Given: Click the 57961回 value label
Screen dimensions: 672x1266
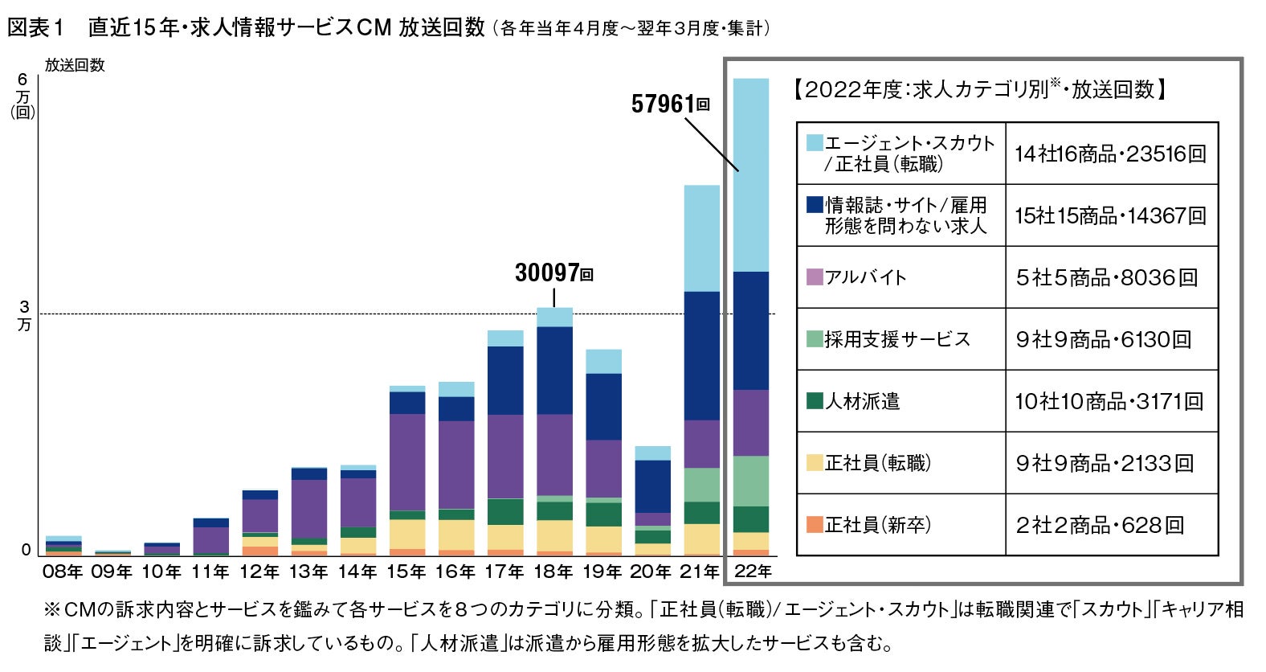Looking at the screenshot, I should click(x=670, y=104).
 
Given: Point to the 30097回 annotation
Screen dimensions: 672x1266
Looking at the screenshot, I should click(x=553, y=273).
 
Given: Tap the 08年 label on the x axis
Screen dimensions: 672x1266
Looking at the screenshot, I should click(x=63, y=572).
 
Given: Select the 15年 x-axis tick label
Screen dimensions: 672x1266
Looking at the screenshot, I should click(x=406, y=572).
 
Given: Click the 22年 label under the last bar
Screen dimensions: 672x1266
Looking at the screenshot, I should click(x=753, y=572).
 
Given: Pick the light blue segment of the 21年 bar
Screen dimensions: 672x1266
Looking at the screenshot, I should click(x=701, y=238).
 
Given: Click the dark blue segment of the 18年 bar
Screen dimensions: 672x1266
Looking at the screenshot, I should click(x=554, y=370).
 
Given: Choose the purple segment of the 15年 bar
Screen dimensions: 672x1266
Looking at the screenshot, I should click(x=406, y=462).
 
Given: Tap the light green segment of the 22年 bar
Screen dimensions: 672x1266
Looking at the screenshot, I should click(x=751, y=481).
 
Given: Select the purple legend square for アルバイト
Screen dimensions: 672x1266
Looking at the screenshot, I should click(x=815, y=277).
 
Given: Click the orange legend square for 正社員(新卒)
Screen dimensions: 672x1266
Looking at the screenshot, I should click(x=815, y=525).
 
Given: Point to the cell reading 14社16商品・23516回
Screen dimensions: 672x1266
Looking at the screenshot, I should click(x=1110, y=154).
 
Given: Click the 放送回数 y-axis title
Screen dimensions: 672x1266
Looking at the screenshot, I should click(x=75, y=66).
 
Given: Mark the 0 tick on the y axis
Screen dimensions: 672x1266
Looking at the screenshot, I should click(x=26, y=551).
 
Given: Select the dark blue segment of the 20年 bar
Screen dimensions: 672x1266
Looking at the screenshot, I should click(x=652, y=486).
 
